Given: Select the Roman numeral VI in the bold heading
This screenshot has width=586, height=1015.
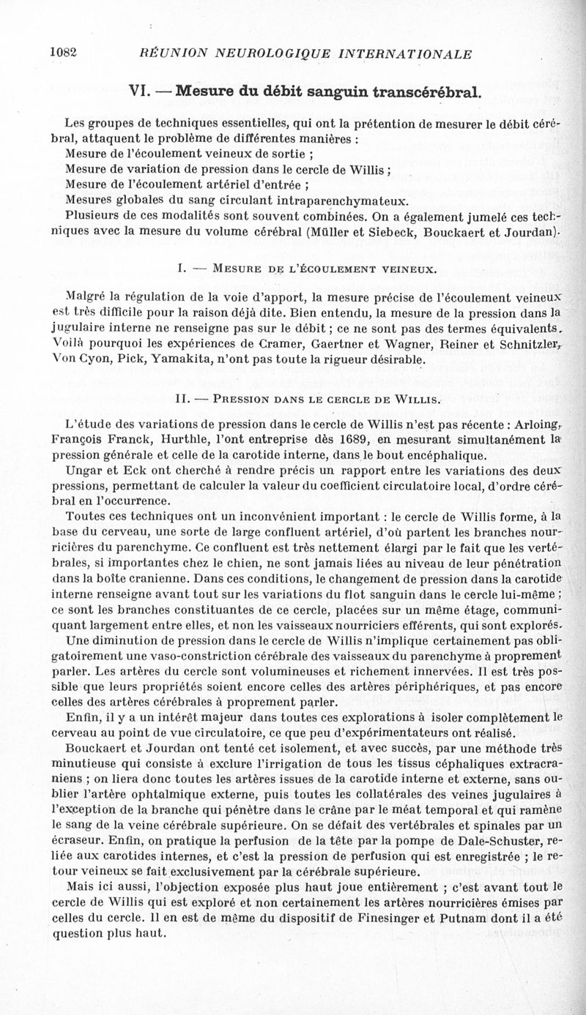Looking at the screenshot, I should tap(140, 92).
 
